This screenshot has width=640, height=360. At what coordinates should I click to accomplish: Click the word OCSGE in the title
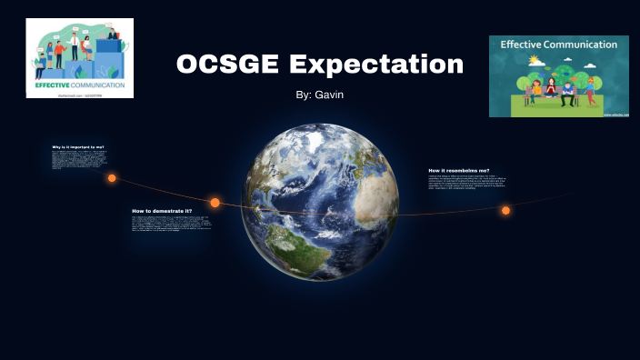coord(228,65)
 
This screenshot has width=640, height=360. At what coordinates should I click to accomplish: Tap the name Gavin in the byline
coord(328,95)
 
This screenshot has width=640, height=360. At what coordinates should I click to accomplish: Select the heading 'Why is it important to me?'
coord(78,146)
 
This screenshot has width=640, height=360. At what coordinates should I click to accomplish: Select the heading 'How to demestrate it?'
coord(162,210)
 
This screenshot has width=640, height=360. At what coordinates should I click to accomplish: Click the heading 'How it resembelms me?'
coord(458,170)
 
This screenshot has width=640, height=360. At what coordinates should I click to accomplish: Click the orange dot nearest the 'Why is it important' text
coord(112,178)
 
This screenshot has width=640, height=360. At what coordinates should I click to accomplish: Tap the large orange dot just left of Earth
coord(215,203)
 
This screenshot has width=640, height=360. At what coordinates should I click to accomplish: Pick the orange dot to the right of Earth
coord(505,210)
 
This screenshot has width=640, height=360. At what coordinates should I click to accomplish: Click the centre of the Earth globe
coord(321,202)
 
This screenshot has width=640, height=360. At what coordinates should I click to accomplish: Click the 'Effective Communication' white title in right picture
coord(558,45)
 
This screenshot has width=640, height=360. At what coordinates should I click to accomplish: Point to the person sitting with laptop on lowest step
coord(41,65)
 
